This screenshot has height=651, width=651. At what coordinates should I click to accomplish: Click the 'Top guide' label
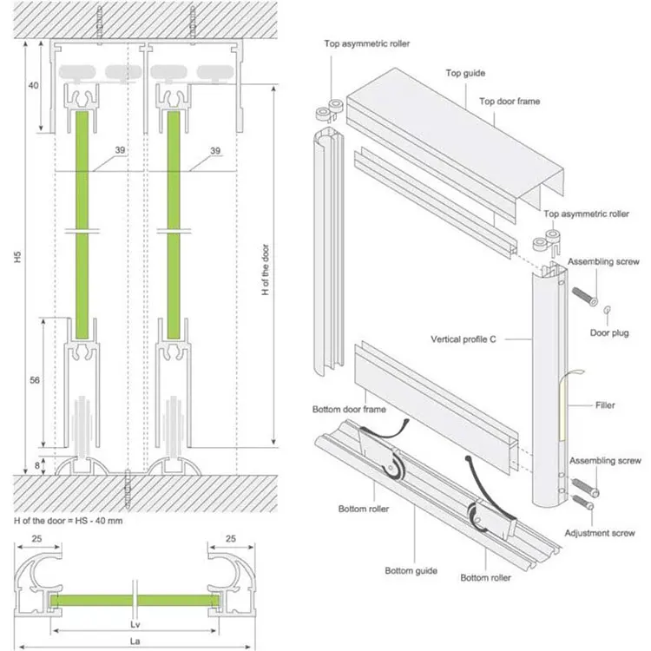[x=465, y=74]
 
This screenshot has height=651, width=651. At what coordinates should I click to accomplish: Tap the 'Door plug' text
[x=610, y=332]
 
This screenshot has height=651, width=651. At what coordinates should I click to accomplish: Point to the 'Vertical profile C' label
[x=463, y=339]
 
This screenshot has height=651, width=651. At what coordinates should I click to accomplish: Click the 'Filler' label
[x=606, y=404]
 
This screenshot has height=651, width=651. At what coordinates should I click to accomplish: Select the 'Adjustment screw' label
[x=599, y=533]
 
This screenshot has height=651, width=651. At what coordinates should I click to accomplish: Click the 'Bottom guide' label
[x=411, y=570]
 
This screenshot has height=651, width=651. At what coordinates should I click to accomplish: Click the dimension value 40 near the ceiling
[x=34, y=86]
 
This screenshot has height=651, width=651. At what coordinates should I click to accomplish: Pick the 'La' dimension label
[x=135, y=640]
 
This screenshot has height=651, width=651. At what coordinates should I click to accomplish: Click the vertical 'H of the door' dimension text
[x=265, y=260]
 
